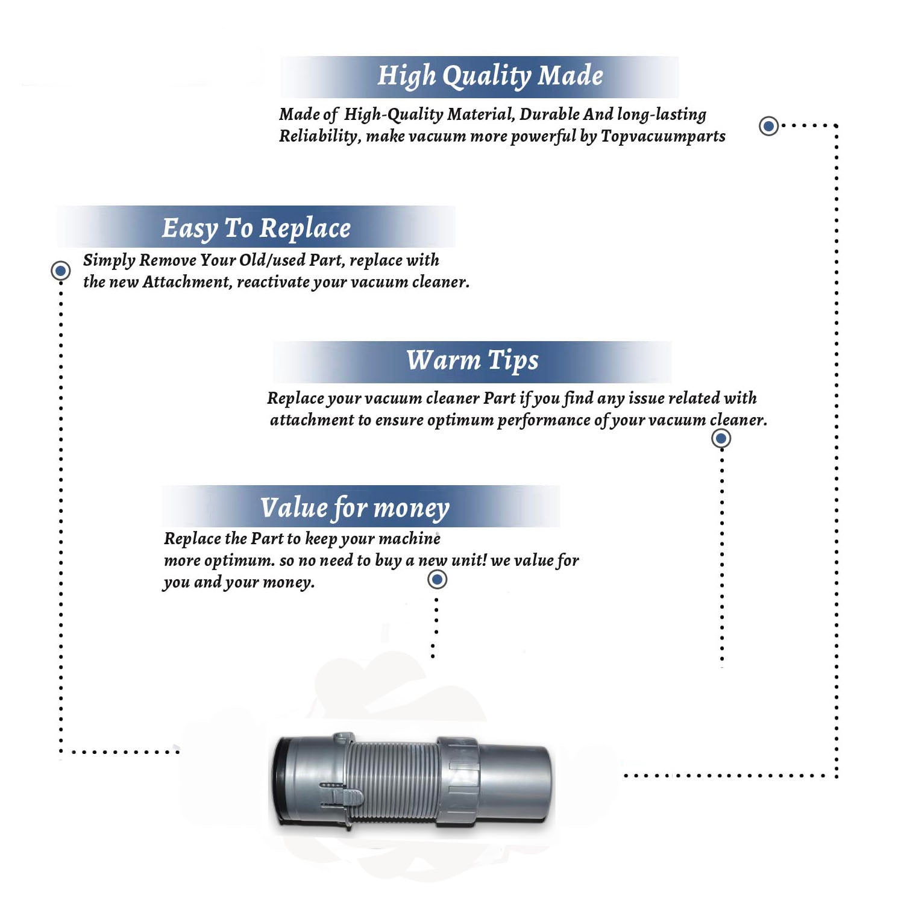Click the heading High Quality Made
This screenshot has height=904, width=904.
pos(490,77)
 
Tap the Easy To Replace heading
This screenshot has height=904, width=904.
pos(256,229)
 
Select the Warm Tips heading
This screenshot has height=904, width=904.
pos(472,361)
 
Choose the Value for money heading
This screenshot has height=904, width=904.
pos(354,508)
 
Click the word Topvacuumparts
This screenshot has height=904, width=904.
pos(663,137)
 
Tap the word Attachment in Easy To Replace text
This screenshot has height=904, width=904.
pos(187,282)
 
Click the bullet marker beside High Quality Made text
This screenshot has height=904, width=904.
pos(768,126)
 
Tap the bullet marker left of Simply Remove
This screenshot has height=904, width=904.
pos(60,271)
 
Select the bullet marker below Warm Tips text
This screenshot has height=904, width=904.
pos(721,438)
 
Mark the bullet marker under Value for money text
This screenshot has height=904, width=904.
pos(437,579)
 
